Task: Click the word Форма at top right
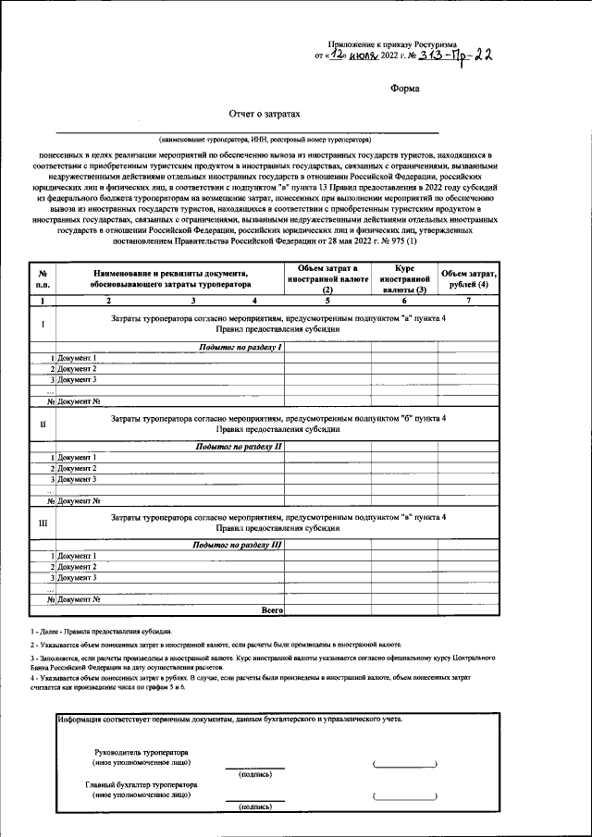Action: (x=404, y=89)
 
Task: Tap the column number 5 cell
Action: (x=327, y=302)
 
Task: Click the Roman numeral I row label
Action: (x=42, y=324)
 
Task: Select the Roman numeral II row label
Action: (x=42, y=425)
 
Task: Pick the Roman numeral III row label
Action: (x=42, y=523)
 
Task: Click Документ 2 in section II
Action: (x=77, y=468)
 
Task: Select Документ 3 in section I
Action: (x=77, y=379)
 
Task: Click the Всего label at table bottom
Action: (x=272, y=610)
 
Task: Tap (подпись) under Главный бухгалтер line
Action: (x=254, y=806)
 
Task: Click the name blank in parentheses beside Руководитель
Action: (x=404, y=764)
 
